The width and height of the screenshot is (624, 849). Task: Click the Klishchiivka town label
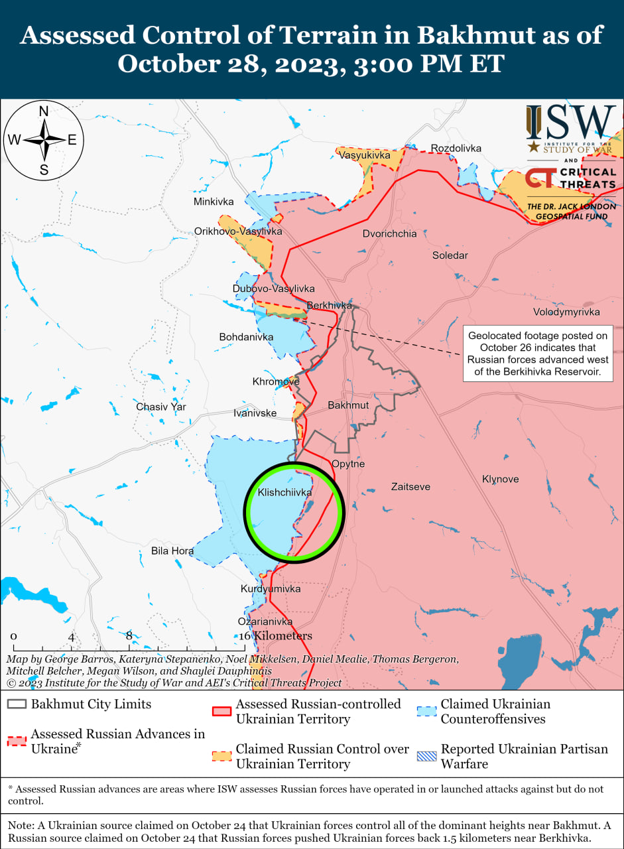(x=284, y=493)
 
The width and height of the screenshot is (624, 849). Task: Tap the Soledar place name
(x=450, y=255)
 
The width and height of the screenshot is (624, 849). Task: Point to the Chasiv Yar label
(x=161, y=407)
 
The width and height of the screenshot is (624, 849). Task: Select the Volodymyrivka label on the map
(x=566, y=312)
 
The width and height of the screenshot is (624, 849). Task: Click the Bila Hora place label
(x=172, y=551)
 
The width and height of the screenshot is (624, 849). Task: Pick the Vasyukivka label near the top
(x=364, y=155)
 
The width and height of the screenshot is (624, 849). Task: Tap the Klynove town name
(x=500, y=479)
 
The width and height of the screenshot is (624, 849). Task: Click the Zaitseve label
(x=410, y=487)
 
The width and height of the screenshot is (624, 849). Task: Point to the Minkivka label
(x=214, y=201)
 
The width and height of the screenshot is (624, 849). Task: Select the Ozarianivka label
(x=265, y=621)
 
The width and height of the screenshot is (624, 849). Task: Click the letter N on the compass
(x=44, y=111)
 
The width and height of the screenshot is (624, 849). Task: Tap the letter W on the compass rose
(x=14, y=140)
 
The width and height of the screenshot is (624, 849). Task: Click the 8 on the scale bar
(x=129, y=635)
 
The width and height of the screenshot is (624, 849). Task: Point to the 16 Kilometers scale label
(x=275, y=635)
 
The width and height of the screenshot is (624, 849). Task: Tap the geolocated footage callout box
(x=538, y=353)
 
